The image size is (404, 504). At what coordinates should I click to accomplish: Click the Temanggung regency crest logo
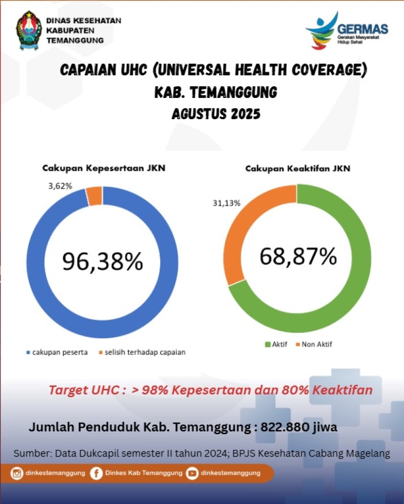29,30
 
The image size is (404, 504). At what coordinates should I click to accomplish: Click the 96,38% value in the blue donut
103,261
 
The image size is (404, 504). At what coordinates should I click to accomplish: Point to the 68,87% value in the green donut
298,256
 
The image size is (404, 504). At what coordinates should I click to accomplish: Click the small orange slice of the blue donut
94,196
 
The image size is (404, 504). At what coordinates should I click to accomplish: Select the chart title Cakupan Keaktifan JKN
297,169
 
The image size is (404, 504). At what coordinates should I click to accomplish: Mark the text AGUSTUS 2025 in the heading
216,114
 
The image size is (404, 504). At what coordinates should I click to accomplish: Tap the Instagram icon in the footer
18,473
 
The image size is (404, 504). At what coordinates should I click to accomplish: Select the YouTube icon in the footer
192,473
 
